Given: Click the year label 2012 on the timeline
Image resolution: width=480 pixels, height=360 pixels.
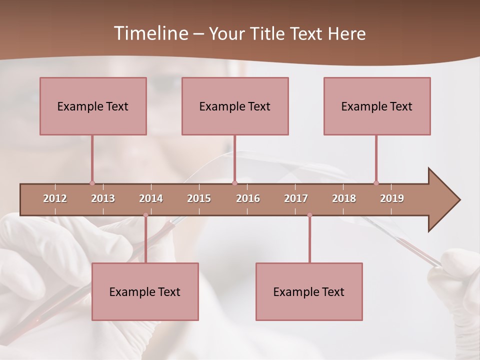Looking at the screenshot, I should pos(55,198).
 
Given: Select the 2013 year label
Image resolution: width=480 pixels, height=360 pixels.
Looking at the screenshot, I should pos(103,198).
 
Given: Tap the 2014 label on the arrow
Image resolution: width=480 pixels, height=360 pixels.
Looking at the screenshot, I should pos(151,198).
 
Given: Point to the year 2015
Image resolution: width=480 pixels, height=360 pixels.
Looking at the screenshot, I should pos(199,198).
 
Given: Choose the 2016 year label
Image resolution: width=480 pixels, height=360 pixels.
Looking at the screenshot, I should pos(248,198).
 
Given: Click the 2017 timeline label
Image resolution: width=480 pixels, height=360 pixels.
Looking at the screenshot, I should pos(296,198).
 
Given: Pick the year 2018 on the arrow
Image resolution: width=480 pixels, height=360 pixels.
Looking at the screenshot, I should pos(344,198).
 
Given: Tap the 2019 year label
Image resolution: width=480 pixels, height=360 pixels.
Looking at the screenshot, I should pos(392,198).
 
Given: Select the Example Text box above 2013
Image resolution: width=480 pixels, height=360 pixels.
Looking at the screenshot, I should pos(93,106).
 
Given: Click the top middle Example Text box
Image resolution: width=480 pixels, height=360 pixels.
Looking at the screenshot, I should pos(235,106).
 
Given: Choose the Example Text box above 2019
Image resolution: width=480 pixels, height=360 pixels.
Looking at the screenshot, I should pos(377,106).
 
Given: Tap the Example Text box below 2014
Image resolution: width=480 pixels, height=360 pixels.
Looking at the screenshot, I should pos(145,291).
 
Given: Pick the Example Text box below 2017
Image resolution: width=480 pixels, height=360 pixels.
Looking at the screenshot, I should pos(309,291).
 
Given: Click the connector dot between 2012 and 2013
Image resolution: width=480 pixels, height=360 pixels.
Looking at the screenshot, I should pos(92,183).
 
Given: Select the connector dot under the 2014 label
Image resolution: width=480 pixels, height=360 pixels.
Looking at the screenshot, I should pos(145,215).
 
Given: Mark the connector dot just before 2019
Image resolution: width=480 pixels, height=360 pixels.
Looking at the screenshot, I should pos(376,183).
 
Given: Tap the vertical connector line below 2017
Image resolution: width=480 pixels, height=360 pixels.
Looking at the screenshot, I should pos(309,240).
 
